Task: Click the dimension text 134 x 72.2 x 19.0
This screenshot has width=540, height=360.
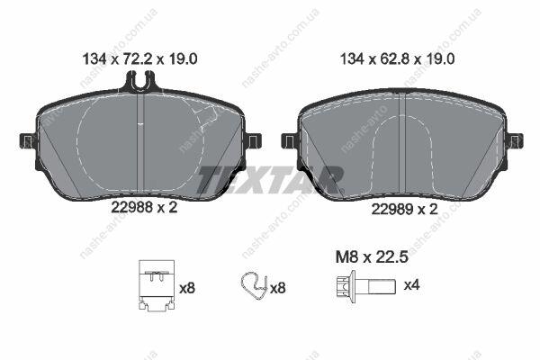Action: (x=139, y=58)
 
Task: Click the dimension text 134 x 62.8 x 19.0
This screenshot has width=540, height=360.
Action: (x=397, y=58)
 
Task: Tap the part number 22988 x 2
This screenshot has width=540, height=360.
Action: (x=144, y=207)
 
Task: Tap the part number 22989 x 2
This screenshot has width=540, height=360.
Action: (x=404, y=209)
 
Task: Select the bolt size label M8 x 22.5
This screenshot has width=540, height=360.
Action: (x=372, y=257)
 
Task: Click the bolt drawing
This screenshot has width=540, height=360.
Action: (x=365, y=287)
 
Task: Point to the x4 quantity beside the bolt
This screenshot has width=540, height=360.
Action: (x=411, y=285)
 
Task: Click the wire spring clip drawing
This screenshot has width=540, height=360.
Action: (x=254, y=286)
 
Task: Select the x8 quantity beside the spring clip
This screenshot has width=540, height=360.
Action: (x=277, y=288)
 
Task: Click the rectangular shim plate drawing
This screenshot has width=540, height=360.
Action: (x=157, y=285)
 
